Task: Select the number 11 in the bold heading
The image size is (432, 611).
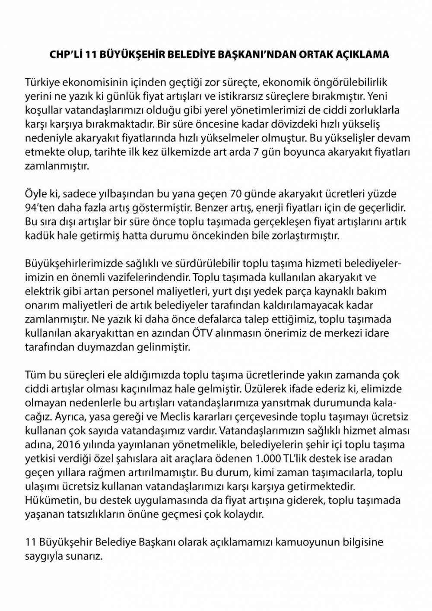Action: click(x=90, y=55)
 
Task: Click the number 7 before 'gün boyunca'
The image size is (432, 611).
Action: click(x=255, y=153)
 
